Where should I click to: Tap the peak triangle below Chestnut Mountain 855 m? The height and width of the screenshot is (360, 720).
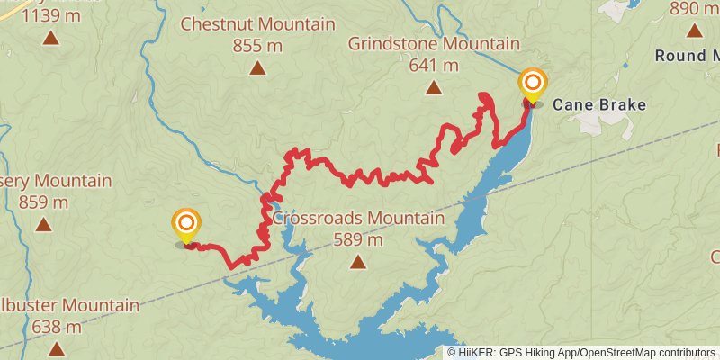(258, 67)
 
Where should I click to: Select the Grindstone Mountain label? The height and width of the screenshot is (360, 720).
(434, 43)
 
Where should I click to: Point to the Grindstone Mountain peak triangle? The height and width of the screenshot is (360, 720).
(434, 87)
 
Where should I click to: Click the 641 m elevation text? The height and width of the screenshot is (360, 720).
(434, 65)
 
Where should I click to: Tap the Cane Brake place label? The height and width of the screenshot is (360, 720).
(598, 104)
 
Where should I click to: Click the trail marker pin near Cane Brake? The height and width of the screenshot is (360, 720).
(532, 85)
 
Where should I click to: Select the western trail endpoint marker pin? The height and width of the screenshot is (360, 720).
(186, 225)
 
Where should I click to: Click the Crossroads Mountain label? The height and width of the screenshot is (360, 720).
(358, 219)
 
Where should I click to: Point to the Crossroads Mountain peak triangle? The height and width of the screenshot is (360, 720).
(358, 262)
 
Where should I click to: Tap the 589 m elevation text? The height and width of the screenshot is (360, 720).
(358, 240)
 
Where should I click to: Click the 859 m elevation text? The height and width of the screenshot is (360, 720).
(43, 202)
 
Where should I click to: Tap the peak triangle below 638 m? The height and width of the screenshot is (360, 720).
(57, 348)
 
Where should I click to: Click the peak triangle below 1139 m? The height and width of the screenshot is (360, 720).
(50, 38)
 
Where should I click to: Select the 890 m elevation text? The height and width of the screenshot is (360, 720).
(695, 9)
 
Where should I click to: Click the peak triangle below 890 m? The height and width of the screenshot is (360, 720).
(694, 31)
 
